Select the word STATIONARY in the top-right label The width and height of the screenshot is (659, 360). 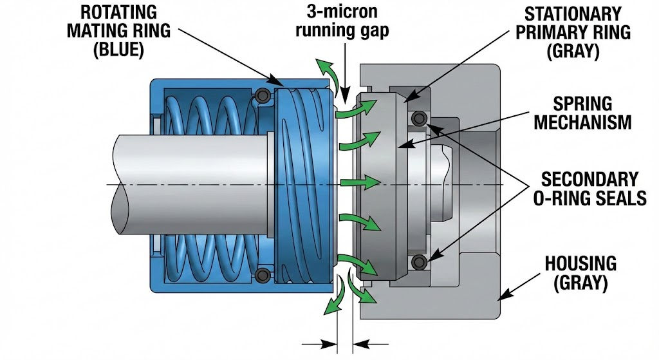pyautogui.click(x=573, y=14)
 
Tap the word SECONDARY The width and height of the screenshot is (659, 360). pyautogui.click(x=589, y=178)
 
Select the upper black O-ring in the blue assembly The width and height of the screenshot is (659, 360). pyautogui.click(x=263, y=96)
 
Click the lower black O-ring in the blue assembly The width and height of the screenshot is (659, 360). pyautogui.click(x=262, y=276)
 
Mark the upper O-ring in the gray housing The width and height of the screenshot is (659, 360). pyautogui.click(x=420, y=118)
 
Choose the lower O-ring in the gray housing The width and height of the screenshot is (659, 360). pyautogui.click(x=420, y=261)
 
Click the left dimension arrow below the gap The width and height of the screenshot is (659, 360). pyautogui.click(x=325, y=343)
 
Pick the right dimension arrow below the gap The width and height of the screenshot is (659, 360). pyautogui.click(x=364, y=343)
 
